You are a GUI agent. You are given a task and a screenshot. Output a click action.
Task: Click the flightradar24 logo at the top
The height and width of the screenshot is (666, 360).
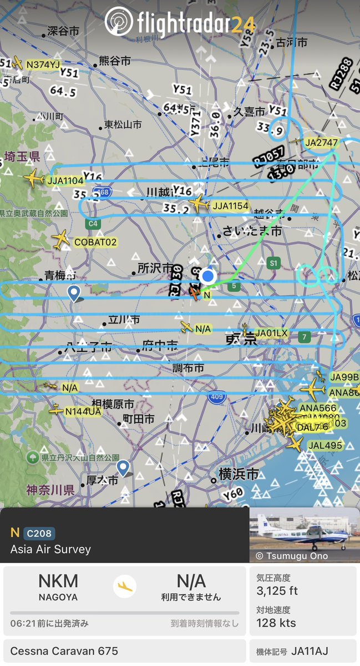coord(180,22)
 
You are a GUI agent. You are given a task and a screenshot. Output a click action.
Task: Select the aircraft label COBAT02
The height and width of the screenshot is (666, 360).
coord(96,242)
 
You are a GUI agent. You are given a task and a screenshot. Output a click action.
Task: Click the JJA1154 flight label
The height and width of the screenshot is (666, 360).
coord(231,206)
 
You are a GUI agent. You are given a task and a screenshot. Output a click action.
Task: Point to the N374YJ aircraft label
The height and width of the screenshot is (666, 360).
coord(43,65)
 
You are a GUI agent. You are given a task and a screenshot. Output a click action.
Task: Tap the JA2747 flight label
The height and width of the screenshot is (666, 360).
coord(321,143)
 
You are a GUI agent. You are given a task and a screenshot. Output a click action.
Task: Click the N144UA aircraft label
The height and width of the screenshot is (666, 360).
coord(83,411)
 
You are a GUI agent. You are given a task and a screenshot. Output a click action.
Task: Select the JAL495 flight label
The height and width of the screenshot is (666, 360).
coord(326,445)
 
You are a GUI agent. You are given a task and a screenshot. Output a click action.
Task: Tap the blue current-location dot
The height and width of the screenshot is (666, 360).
coord(208,276)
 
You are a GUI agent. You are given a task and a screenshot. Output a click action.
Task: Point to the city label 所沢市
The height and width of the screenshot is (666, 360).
coord(156,268)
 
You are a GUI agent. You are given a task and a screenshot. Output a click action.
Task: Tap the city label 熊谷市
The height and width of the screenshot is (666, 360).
coord(115,60)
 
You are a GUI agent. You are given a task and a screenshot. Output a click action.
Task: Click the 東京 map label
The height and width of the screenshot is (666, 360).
coord(241,338)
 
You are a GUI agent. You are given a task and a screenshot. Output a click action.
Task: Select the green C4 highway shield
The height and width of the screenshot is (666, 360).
coord(93,224)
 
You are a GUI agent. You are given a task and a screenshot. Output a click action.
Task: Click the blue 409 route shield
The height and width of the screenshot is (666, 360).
coord(217,397)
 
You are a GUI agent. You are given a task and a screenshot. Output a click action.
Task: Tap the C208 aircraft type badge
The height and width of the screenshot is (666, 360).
coord(39,534)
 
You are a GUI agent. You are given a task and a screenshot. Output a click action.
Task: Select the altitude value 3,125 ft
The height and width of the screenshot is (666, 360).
coord(277,591)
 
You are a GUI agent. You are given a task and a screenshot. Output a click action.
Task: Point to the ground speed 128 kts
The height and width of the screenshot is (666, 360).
coord(276,623)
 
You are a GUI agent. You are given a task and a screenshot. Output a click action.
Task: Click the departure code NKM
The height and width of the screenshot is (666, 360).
coord(58,581)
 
